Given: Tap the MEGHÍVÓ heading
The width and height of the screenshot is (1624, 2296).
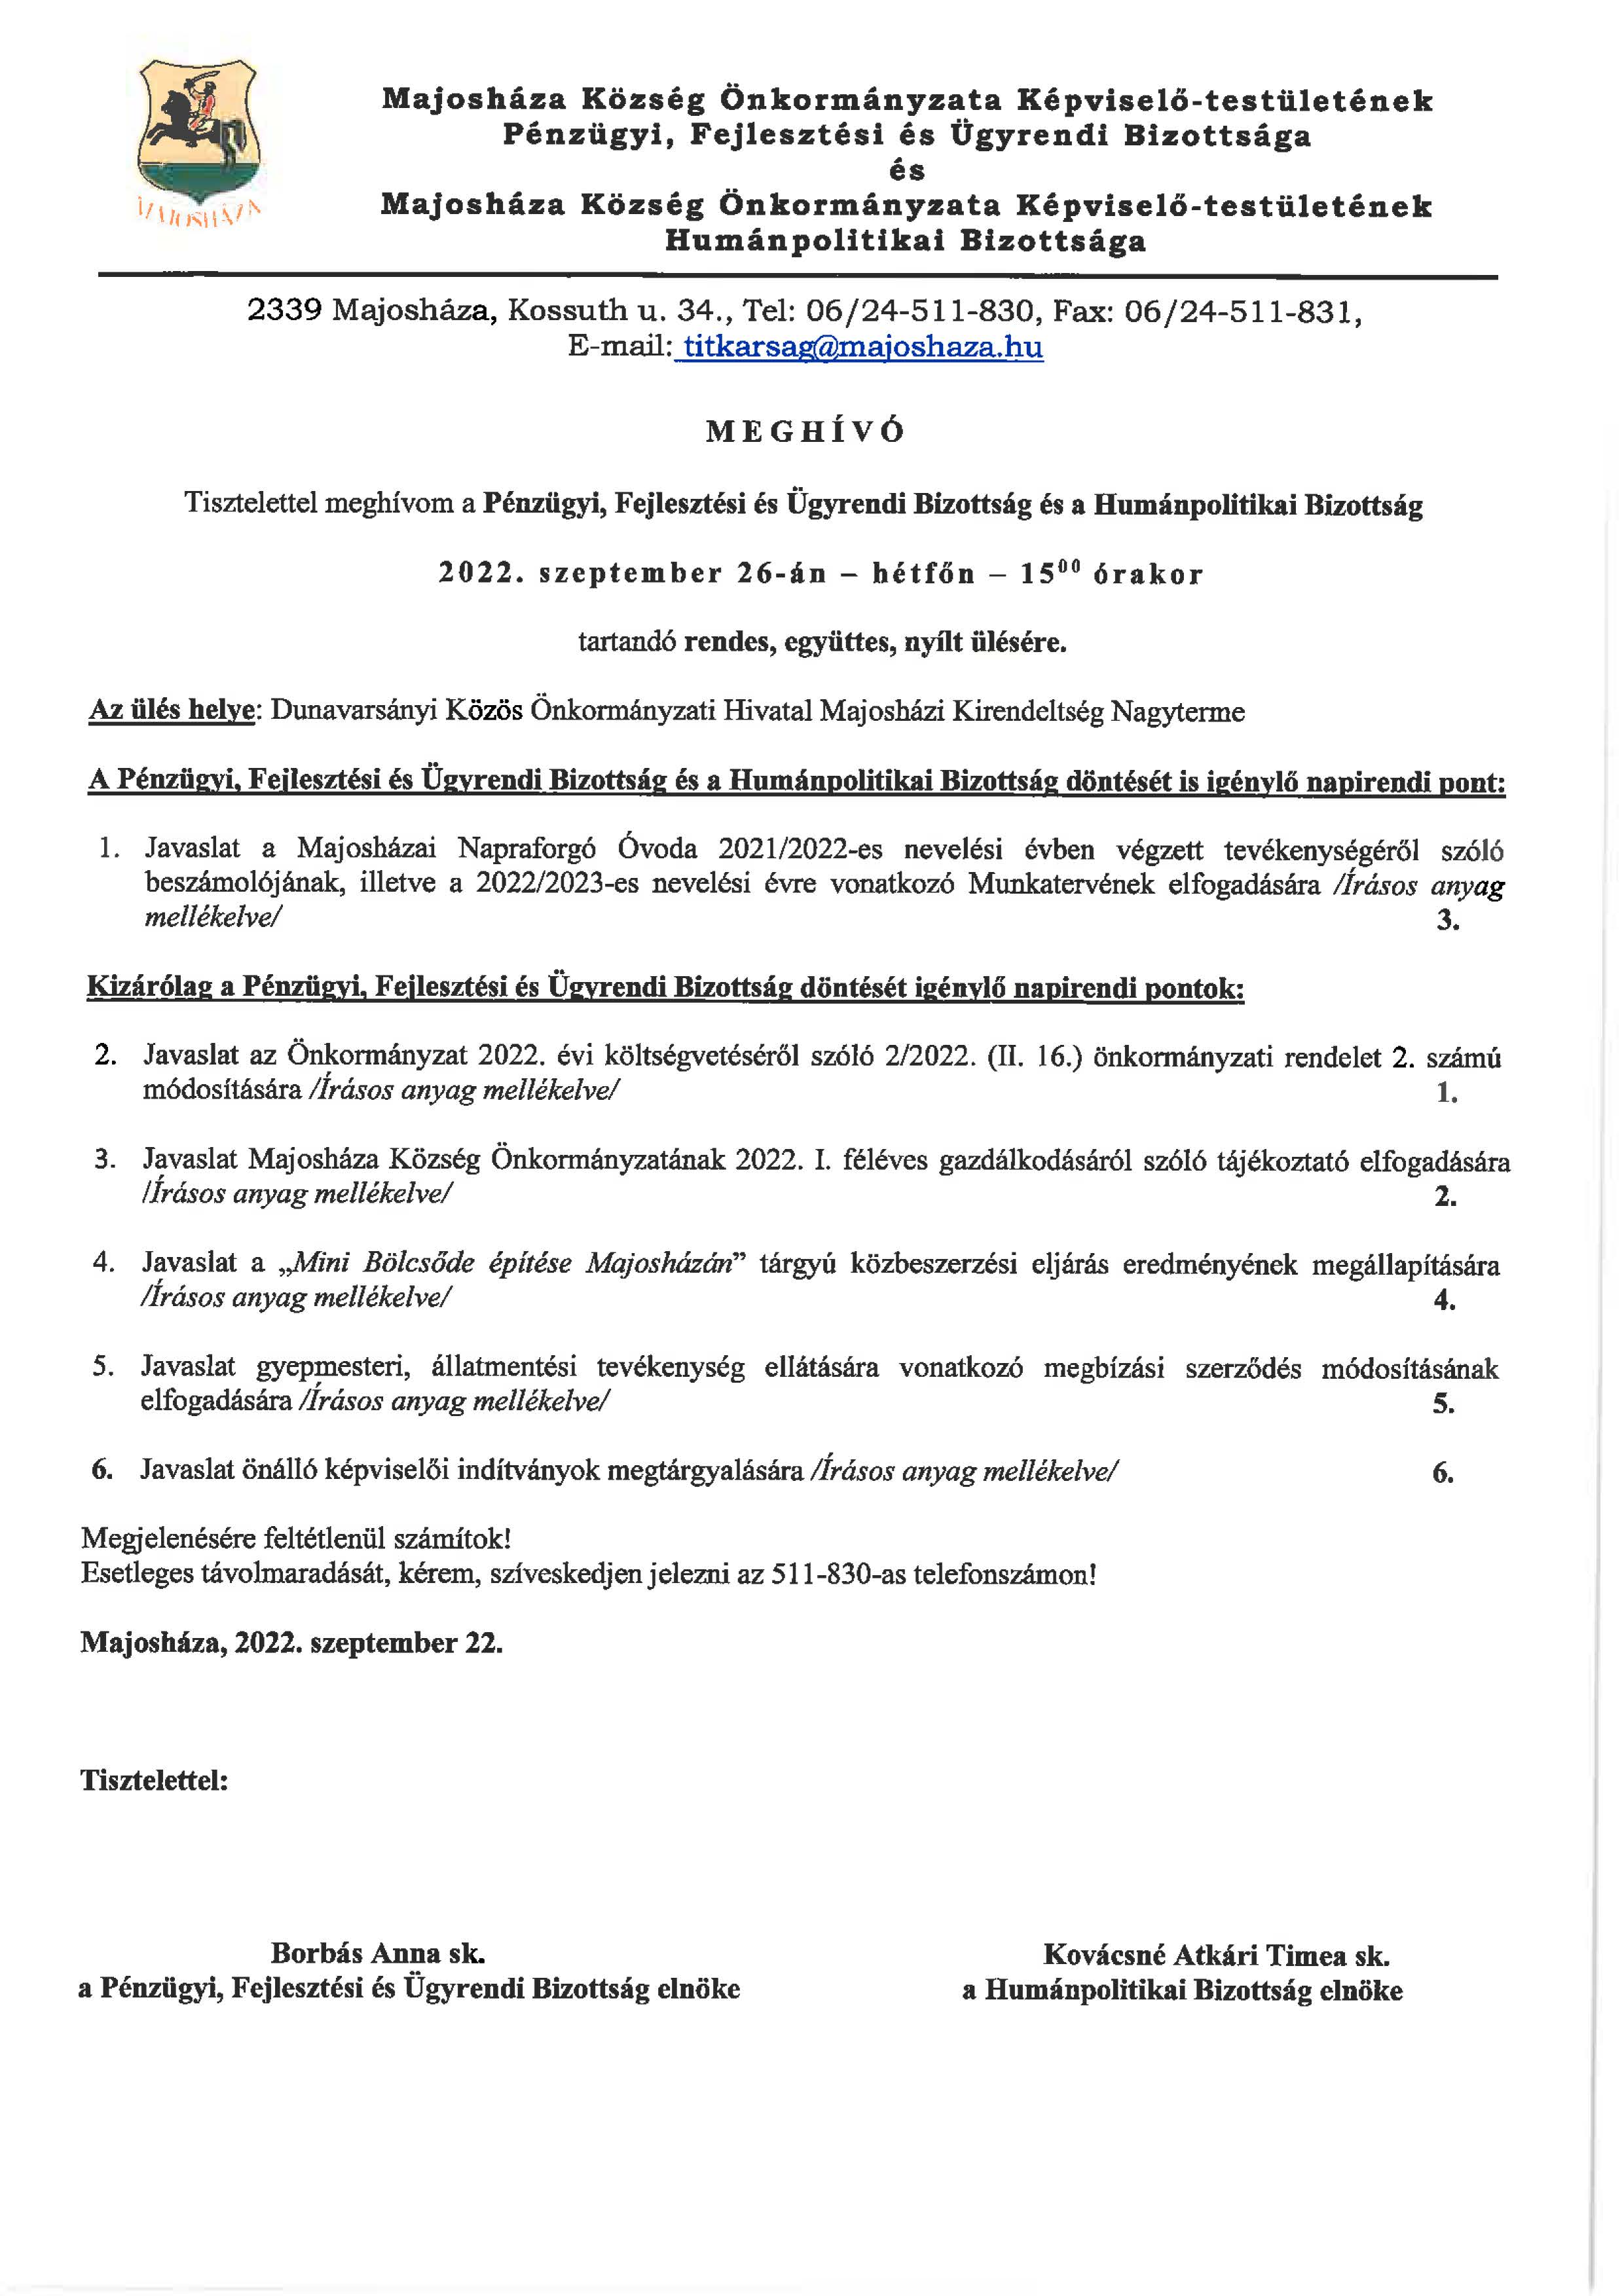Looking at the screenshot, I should [805, 432].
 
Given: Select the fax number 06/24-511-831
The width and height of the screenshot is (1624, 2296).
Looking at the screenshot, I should [1240, 312].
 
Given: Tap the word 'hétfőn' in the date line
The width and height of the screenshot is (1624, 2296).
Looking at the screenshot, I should [923, 574].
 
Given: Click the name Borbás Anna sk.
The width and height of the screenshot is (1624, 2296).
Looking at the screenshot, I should [377, 1952].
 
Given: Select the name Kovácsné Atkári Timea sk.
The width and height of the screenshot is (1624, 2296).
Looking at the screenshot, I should [1216, 1954].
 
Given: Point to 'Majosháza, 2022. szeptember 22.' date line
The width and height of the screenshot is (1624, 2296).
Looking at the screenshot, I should [291, 1643].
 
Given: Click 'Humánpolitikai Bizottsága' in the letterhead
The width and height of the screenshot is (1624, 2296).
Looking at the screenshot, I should [905, 241].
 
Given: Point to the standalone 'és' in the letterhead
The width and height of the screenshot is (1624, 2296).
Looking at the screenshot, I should [907, 171].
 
